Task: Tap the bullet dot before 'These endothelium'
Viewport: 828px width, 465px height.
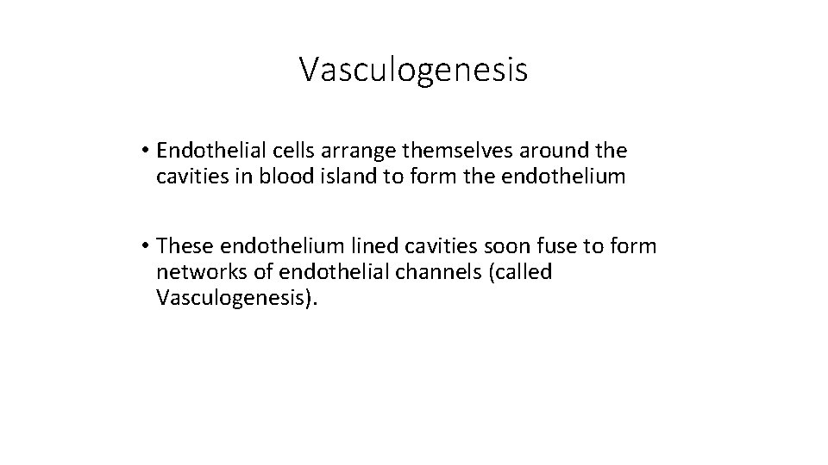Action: pyautogui.click(x=147, y=247)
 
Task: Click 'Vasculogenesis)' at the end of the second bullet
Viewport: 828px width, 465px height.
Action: pyautogui.click(x=238, y=300)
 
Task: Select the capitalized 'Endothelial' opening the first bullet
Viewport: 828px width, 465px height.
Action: pyautogui.click(x=207, y=152)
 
